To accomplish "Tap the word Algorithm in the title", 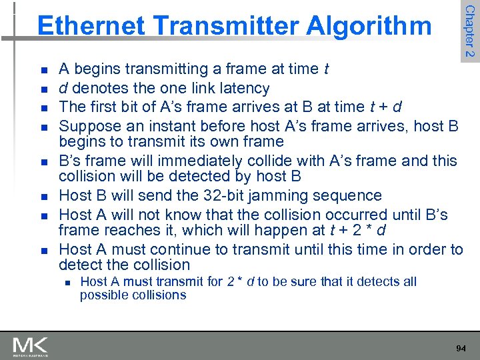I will pos(369,25).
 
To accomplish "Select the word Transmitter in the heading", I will pos(225,25).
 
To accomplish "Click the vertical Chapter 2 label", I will pos(469,31).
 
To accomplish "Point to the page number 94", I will pos(460,347).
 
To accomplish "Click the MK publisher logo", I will pos(30,347).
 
